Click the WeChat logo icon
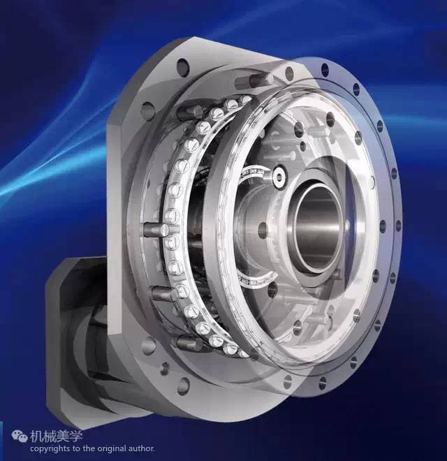tap(20, 437)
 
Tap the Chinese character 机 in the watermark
tap(36, 437)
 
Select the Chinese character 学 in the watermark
tap(76, 437)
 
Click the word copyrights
tap(50, 449)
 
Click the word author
tap(142, 448)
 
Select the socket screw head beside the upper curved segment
tap(278, 177)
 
